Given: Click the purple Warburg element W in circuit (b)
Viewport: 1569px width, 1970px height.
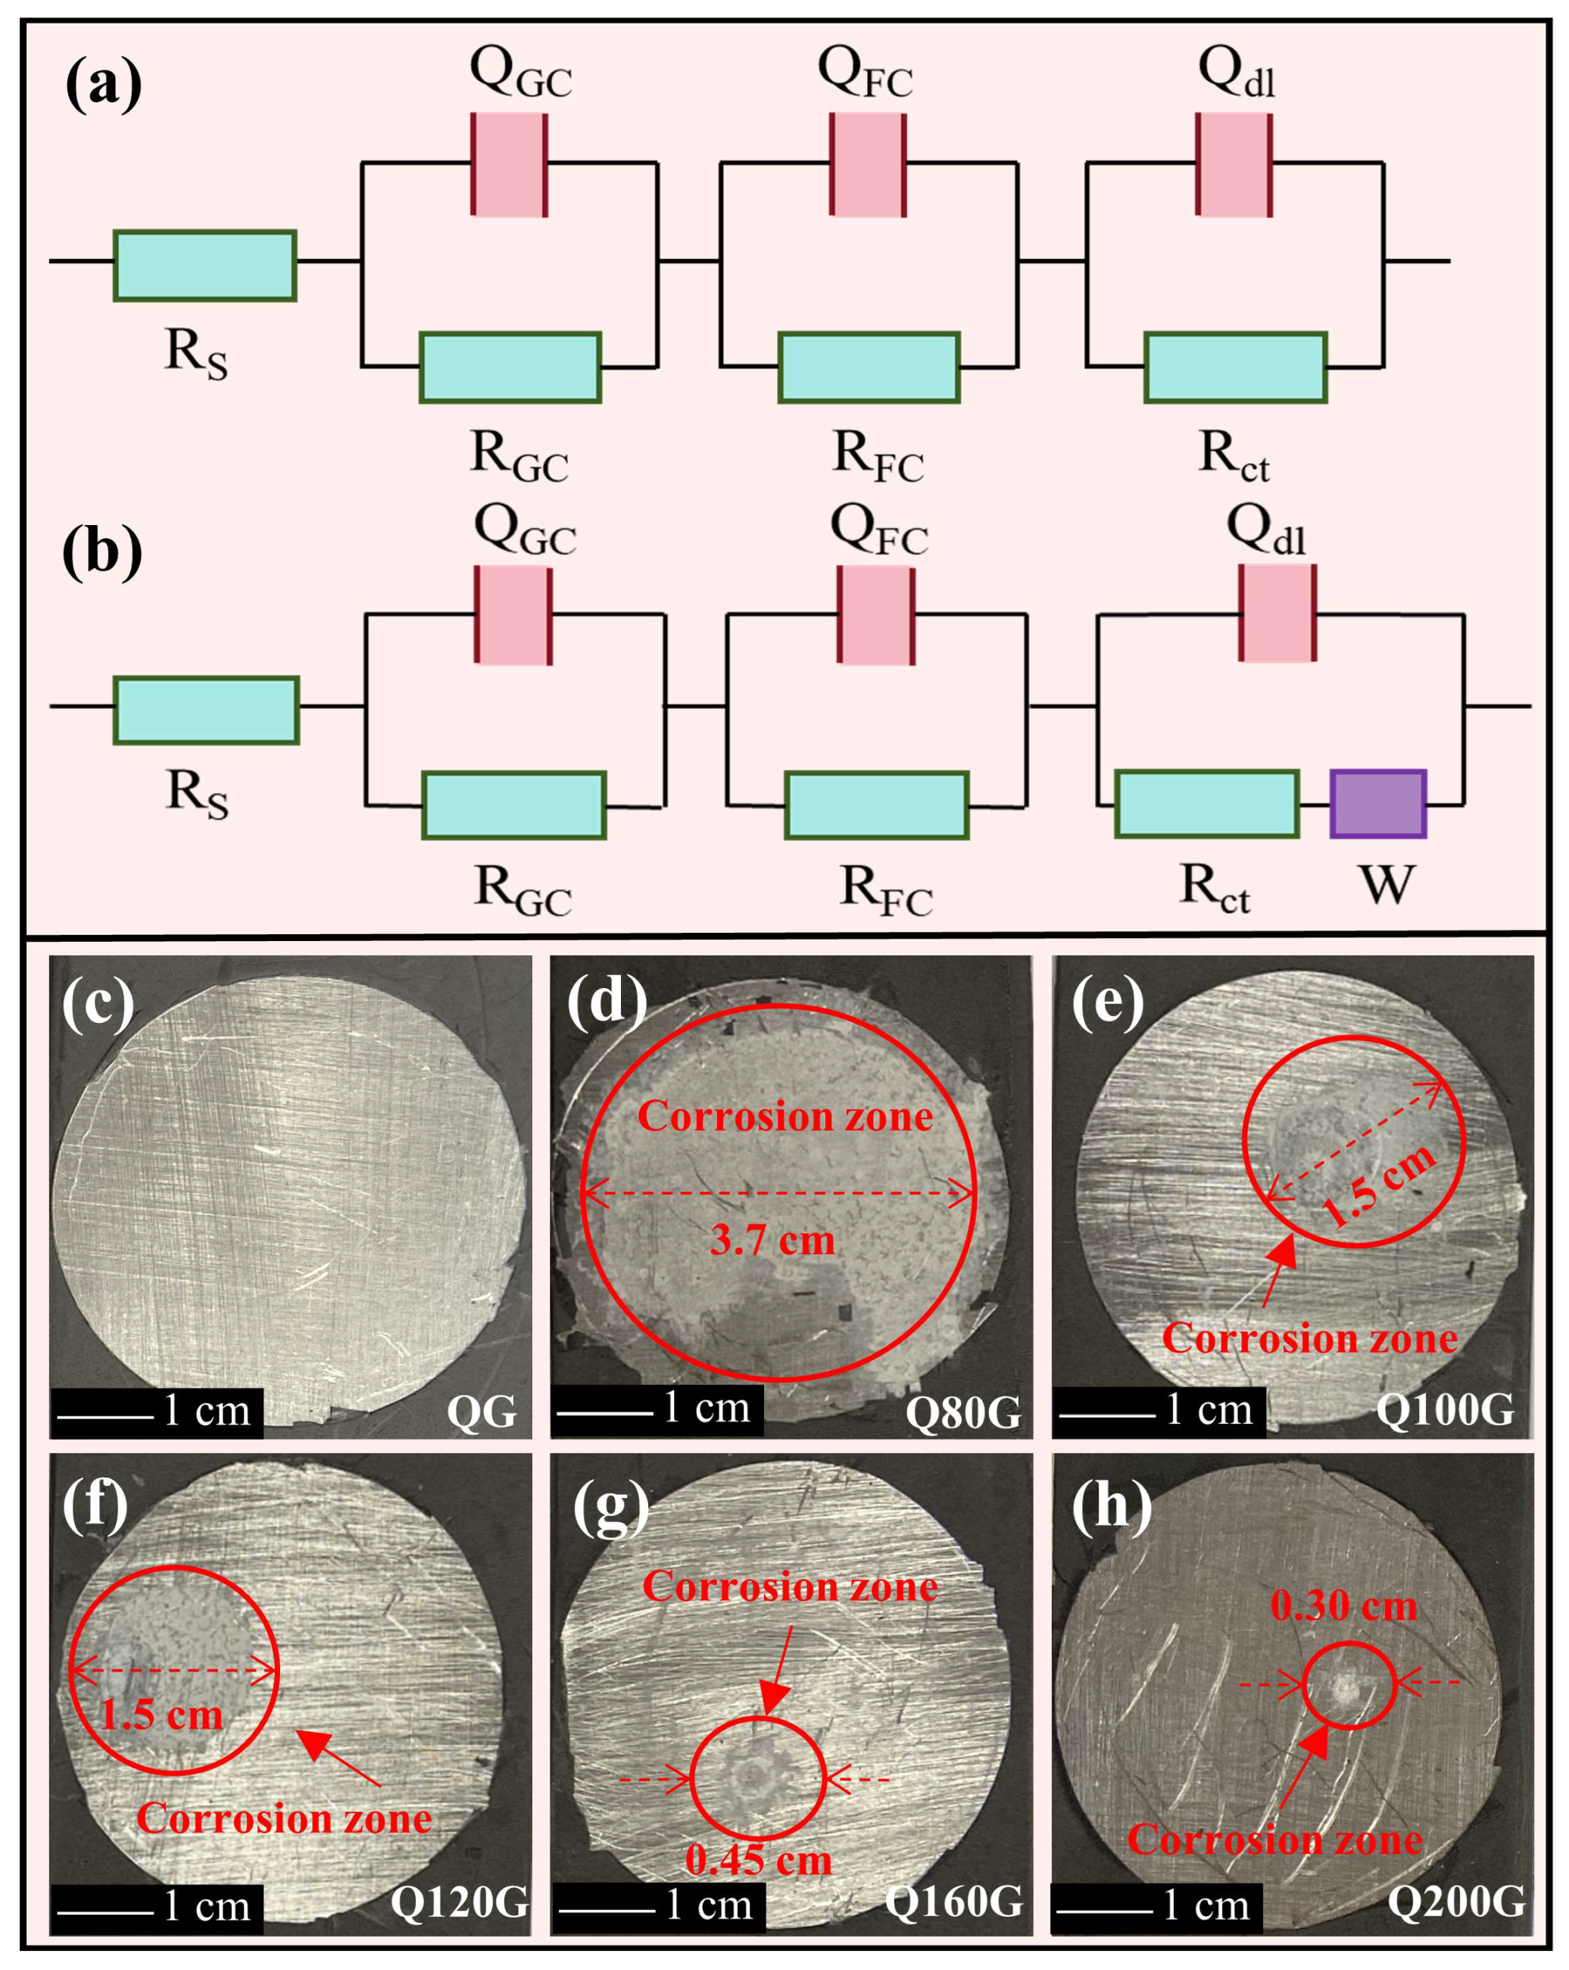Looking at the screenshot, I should tap(1377, 804).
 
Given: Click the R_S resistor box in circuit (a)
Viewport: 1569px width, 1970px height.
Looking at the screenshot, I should tap(204, 265).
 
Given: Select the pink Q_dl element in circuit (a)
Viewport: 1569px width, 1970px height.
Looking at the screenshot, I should tap(1234, 164).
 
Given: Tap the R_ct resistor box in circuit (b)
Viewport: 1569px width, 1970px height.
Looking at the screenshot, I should tap(1206, 804).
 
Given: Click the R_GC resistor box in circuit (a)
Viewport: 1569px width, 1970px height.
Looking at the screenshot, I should tap(510, 367).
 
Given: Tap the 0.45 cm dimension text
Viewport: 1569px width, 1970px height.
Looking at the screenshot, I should tap(759, 1860).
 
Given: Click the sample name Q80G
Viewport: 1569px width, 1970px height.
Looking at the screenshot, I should tap(962, 1412).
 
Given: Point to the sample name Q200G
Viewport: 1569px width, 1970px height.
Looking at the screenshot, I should tap(1455, 1902).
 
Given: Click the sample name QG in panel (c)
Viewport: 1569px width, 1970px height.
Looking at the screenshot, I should tap(482, 1412).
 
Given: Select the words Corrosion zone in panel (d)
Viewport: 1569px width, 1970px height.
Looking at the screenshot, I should tap(784, 1117).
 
